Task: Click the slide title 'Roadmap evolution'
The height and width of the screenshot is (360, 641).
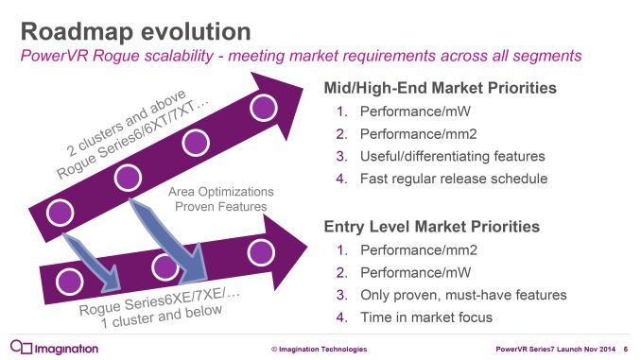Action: (136, 31)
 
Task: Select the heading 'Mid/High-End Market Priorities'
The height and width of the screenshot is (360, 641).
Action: (440, 88)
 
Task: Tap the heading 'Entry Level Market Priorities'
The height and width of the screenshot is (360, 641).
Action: (432, 227)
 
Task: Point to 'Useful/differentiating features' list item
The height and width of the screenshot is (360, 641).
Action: (452, 156)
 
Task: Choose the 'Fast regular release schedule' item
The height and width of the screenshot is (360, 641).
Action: (454, 179)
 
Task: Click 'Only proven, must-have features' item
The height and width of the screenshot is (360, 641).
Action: (463, 295)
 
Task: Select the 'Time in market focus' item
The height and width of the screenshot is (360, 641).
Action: (426, 317)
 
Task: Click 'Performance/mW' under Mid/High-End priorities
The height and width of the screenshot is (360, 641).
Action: (415, 111)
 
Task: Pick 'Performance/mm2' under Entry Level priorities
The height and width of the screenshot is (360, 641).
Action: (418, 250)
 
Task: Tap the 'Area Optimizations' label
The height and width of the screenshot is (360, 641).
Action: (220, 192)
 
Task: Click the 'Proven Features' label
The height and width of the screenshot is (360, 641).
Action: (220, 207)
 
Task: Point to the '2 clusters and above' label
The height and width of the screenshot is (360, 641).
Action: (127, 123)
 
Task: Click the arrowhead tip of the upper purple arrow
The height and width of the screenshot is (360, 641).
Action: (303, 88)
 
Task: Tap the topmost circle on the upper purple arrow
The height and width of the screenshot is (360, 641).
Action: (264, 108)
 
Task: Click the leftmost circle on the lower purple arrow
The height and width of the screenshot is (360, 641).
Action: (70, 282)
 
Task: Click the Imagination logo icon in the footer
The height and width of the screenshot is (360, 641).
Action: (21, 348)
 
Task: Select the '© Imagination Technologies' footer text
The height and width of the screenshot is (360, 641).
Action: (319, 350)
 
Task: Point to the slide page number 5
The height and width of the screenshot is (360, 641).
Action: (626, 350)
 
